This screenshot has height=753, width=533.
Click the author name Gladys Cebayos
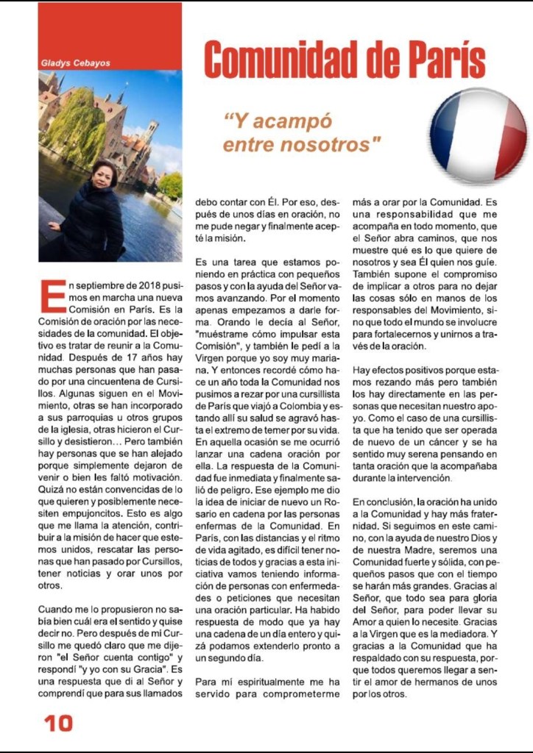coord(75,63)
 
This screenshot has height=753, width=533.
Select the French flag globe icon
coord(478,135)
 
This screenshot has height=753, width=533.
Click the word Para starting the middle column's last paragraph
coord(208,682)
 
